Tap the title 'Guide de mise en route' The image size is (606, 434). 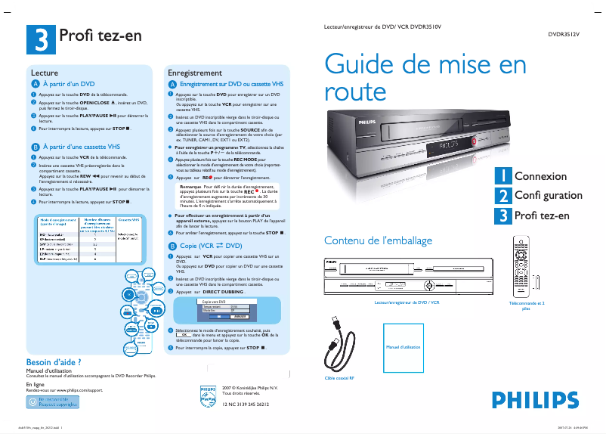point(425,78)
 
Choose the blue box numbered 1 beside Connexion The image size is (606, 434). point(502,175)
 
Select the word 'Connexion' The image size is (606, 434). point(540,176)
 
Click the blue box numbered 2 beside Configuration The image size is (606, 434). point(502,196)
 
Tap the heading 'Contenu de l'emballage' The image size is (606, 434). point(378,240)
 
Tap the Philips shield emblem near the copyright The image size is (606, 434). point(208,395)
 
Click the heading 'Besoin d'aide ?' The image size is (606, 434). point(54,361)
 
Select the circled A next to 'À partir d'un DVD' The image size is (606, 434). point(35,84)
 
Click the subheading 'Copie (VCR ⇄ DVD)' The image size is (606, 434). point(212,246)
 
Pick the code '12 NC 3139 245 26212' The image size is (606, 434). point(246,404)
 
